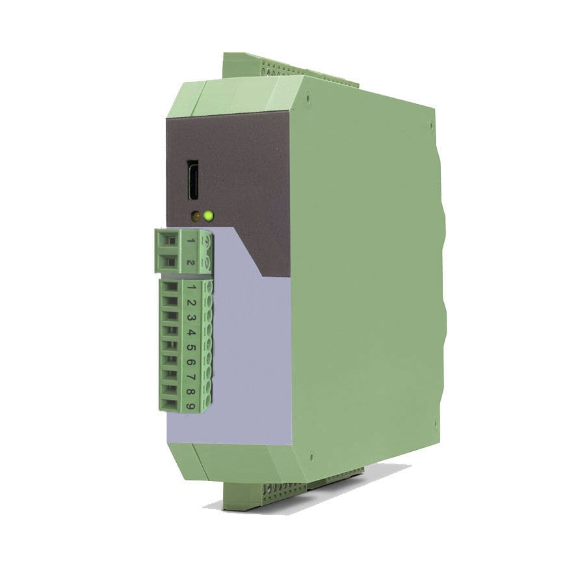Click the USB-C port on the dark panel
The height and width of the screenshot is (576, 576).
click(x=193, y=181)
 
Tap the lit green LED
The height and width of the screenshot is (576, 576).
click(x=208, y=216)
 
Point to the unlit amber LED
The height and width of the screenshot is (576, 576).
click(x=195, y=216)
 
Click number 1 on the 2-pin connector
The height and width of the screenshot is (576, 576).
click(x=190, y=241)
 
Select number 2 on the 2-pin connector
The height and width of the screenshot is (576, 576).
click(x=190, y=263)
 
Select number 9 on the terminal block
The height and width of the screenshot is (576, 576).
click(x=190, y=406)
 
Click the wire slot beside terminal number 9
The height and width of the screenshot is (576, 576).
click(x=169, y=404)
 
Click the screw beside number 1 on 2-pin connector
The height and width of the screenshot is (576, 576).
click(x=207, y=242)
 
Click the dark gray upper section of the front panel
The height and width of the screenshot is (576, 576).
click(x=247, y=163)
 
